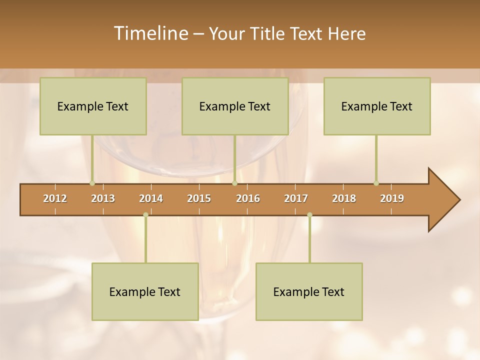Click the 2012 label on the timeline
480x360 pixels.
tap(55, 198)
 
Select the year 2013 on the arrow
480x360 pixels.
tap(103, 198)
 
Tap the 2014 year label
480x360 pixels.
tap(151, 198)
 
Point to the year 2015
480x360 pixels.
tap(199, 198)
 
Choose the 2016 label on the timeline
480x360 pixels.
tap(248, 198)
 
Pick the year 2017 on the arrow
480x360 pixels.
tap(296, 198)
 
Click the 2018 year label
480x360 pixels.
tap(344, 198)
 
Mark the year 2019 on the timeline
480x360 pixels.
tap(392, 198)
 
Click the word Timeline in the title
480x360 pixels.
tap(150, 33)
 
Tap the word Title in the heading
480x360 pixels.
tap(267, 33)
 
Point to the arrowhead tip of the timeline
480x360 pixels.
tap(459, 200)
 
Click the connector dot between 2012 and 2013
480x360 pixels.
tap(92, 183)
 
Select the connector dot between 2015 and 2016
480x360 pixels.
tap(234, 183)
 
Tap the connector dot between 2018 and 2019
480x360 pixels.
tap(376, 183)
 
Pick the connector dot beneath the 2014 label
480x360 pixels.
tap(145, 215)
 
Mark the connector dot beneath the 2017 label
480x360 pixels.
tap(309, 215)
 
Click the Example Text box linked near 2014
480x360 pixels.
tap(145, 291)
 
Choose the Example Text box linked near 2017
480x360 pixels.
tap(309, 291)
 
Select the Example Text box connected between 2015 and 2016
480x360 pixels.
tap(235, 106)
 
